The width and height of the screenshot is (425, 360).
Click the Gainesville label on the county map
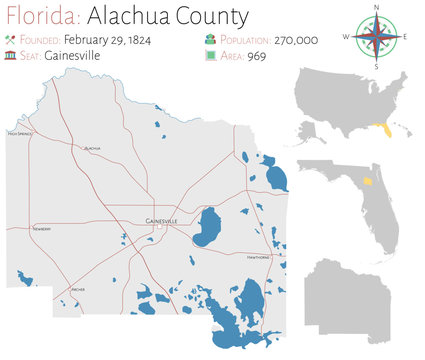(x=161, y=220)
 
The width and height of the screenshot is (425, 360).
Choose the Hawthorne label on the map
(x=258, y=257)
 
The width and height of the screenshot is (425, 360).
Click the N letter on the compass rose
(x=377, y=8)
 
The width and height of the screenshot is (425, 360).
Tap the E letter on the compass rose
(x=406, y=36)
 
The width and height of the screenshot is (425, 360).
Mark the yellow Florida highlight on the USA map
(x=380, y=130)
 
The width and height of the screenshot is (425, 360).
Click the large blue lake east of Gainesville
(x=208, y=227)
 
